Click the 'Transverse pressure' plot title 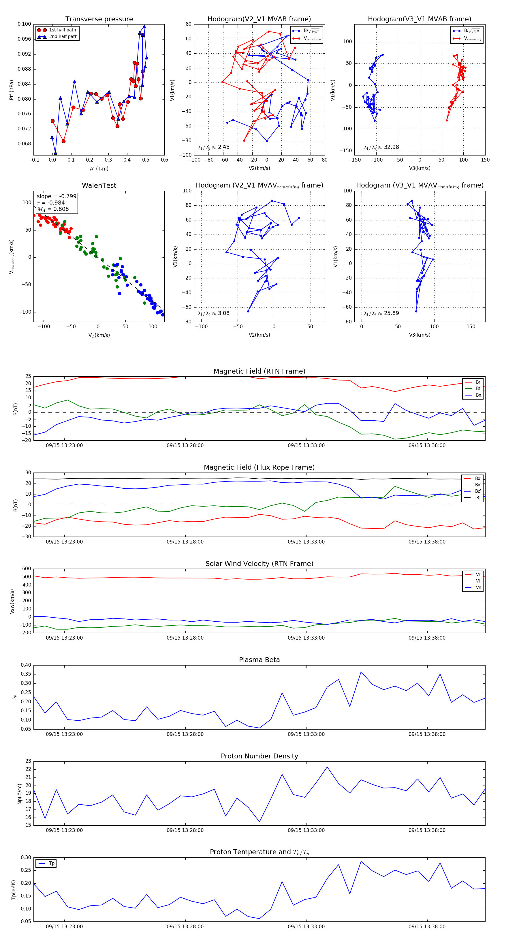click(99, 19)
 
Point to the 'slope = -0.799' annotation click(57, 196)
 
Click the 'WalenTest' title click(99, 185)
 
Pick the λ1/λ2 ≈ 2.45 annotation click(213, 147)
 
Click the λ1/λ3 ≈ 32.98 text click(381, 147)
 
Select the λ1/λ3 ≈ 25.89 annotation click(381, 313)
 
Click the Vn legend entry click(478, 588)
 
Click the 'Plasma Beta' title click(259, 660)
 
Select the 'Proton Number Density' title click(259, 756)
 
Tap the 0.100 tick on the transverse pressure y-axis click(25, 24)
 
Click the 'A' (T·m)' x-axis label click(99, 168)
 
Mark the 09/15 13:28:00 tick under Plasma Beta click(185, 734)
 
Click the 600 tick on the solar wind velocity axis click(27, 569)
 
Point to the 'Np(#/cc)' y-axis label click(20, 794)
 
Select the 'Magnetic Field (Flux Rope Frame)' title click(259, 468)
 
